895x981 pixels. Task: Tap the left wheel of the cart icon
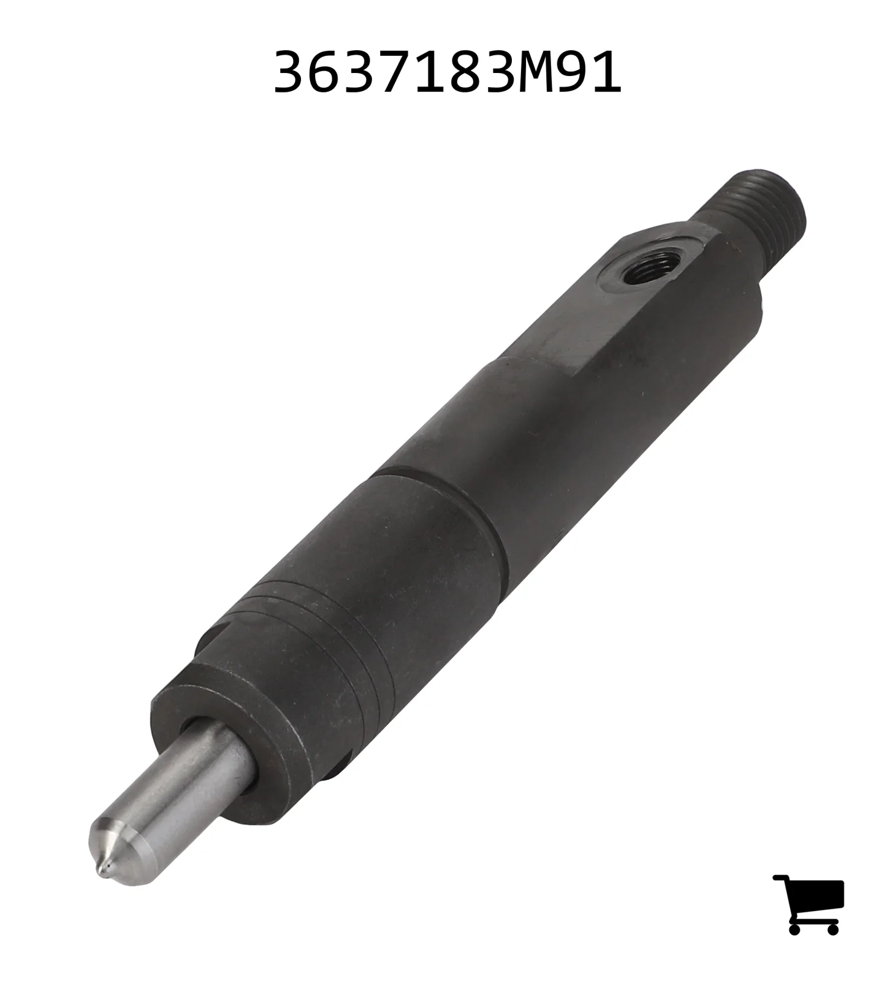pos(795,928)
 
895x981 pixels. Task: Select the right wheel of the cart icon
pos(832,928)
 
